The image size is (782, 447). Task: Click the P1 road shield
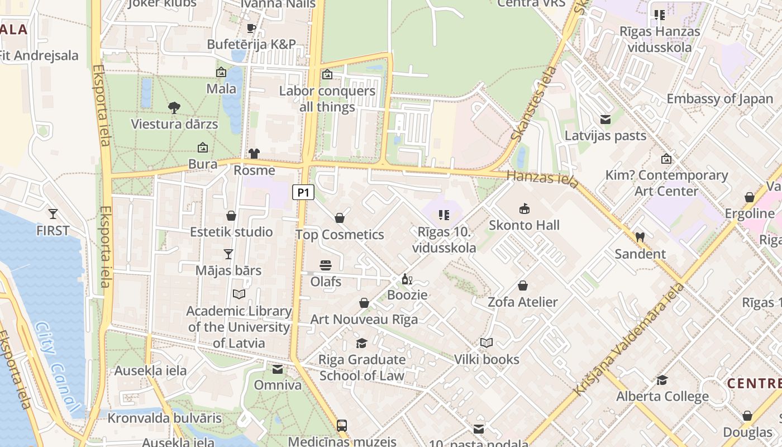coord(303,193)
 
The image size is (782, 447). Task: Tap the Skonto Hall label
coord(524,225)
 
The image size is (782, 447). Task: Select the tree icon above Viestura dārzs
coord(174,107)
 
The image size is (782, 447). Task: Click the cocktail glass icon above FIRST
coord(53,213)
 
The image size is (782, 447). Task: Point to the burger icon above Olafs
coord(326,265)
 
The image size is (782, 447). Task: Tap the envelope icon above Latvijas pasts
coord(605,120)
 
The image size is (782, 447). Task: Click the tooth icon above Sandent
coord(640,237)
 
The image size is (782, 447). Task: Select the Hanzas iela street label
coord(542,178)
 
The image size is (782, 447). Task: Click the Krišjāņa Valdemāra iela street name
coord(630,339)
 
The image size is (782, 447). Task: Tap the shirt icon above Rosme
coord(254,154)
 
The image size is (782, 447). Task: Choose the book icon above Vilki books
coord(487,343)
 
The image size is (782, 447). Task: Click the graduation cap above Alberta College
coord(662,380)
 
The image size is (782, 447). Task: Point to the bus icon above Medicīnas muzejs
coord(342,425)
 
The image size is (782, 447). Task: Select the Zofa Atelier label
coord(523,302)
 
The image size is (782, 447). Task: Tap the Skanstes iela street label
coord(533,104)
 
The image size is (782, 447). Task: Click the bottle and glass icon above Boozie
coord(407,279)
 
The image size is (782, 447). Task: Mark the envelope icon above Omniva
coord(278,369)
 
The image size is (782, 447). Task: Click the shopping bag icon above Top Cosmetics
coord(340,218)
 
